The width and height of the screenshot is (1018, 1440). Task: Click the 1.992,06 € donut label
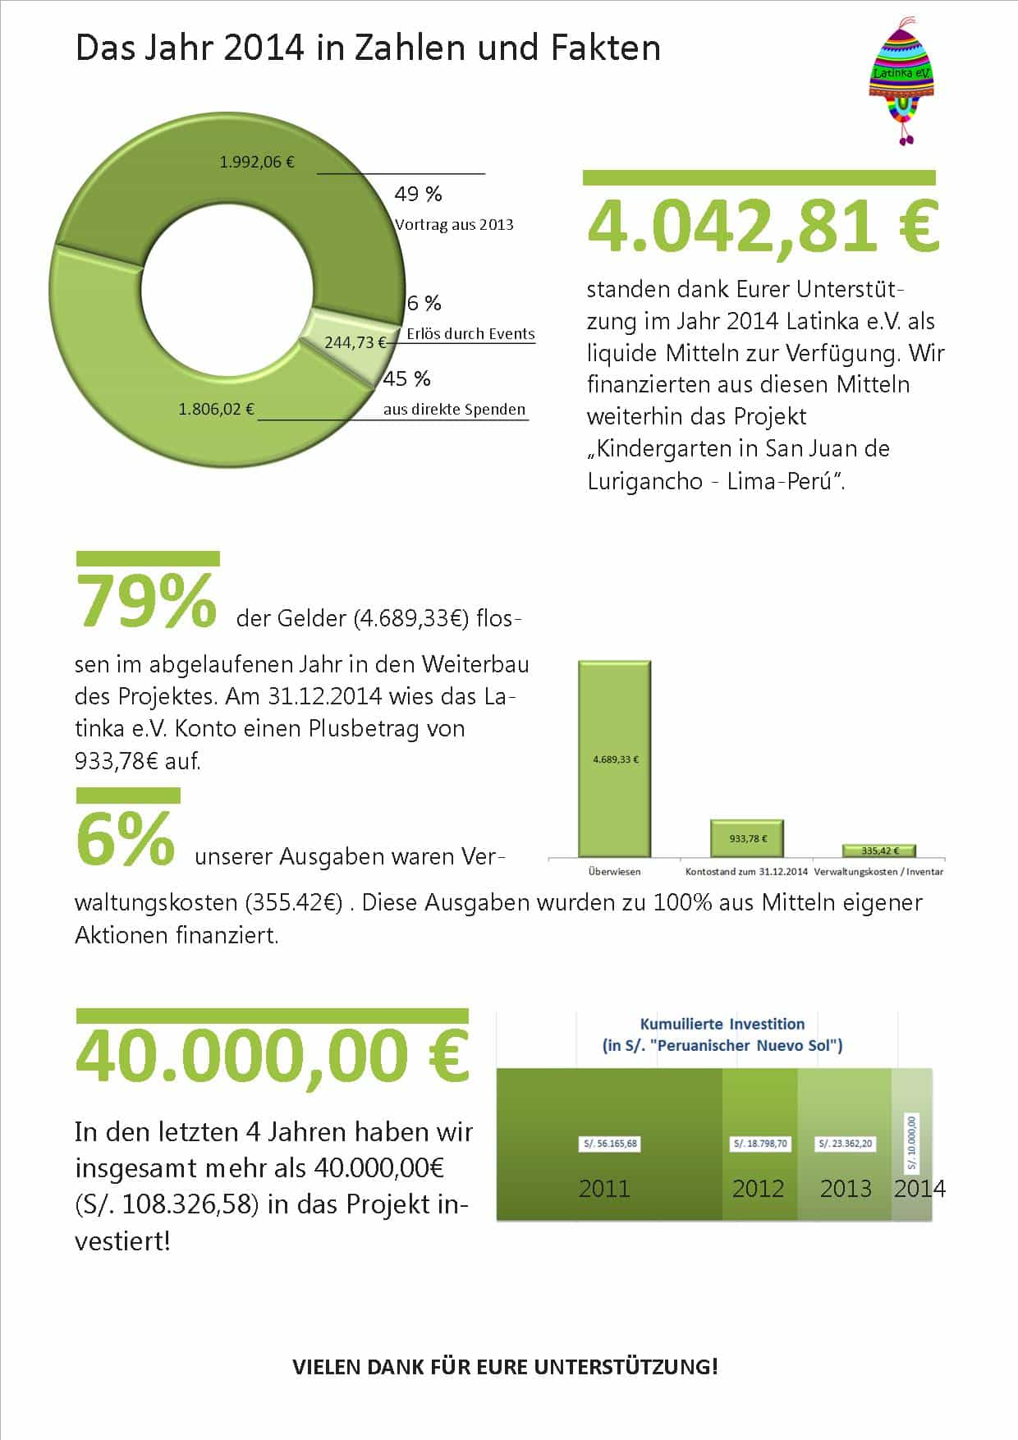[257, 162]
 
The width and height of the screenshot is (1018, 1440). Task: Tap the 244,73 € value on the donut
[355, 342]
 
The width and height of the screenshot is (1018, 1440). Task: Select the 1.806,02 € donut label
[216, 409]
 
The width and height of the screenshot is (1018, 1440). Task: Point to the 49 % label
[418, 195]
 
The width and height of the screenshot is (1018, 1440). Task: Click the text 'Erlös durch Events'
[470, 334]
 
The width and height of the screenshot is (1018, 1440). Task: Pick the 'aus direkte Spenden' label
[454, 410]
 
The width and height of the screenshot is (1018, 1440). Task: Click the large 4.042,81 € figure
[763, 227]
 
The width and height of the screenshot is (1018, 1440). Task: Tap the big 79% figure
[146, 601]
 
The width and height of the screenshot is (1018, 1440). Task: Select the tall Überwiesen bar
[615, 759]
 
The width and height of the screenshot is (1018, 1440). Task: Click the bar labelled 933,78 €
[747, 838]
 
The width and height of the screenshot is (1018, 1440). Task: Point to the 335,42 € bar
[879, 851]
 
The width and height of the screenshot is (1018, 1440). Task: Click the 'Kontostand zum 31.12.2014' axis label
[746, 872]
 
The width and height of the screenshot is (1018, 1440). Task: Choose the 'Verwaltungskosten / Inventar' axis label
[878, 872]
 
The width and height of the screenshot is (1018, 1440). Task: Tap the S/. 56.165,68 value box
[610, 1144]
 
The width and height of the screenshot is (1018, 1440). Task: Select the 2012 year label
[758, 1189]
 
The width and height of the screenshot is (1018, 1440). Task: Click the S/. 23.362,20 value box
[846, 1144]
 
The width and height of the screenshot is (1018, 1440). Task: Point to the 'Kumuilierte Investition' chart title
[722, 1024]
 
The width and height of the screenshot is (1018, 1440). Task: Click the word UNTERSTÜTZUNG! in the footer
[626, 1367]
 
